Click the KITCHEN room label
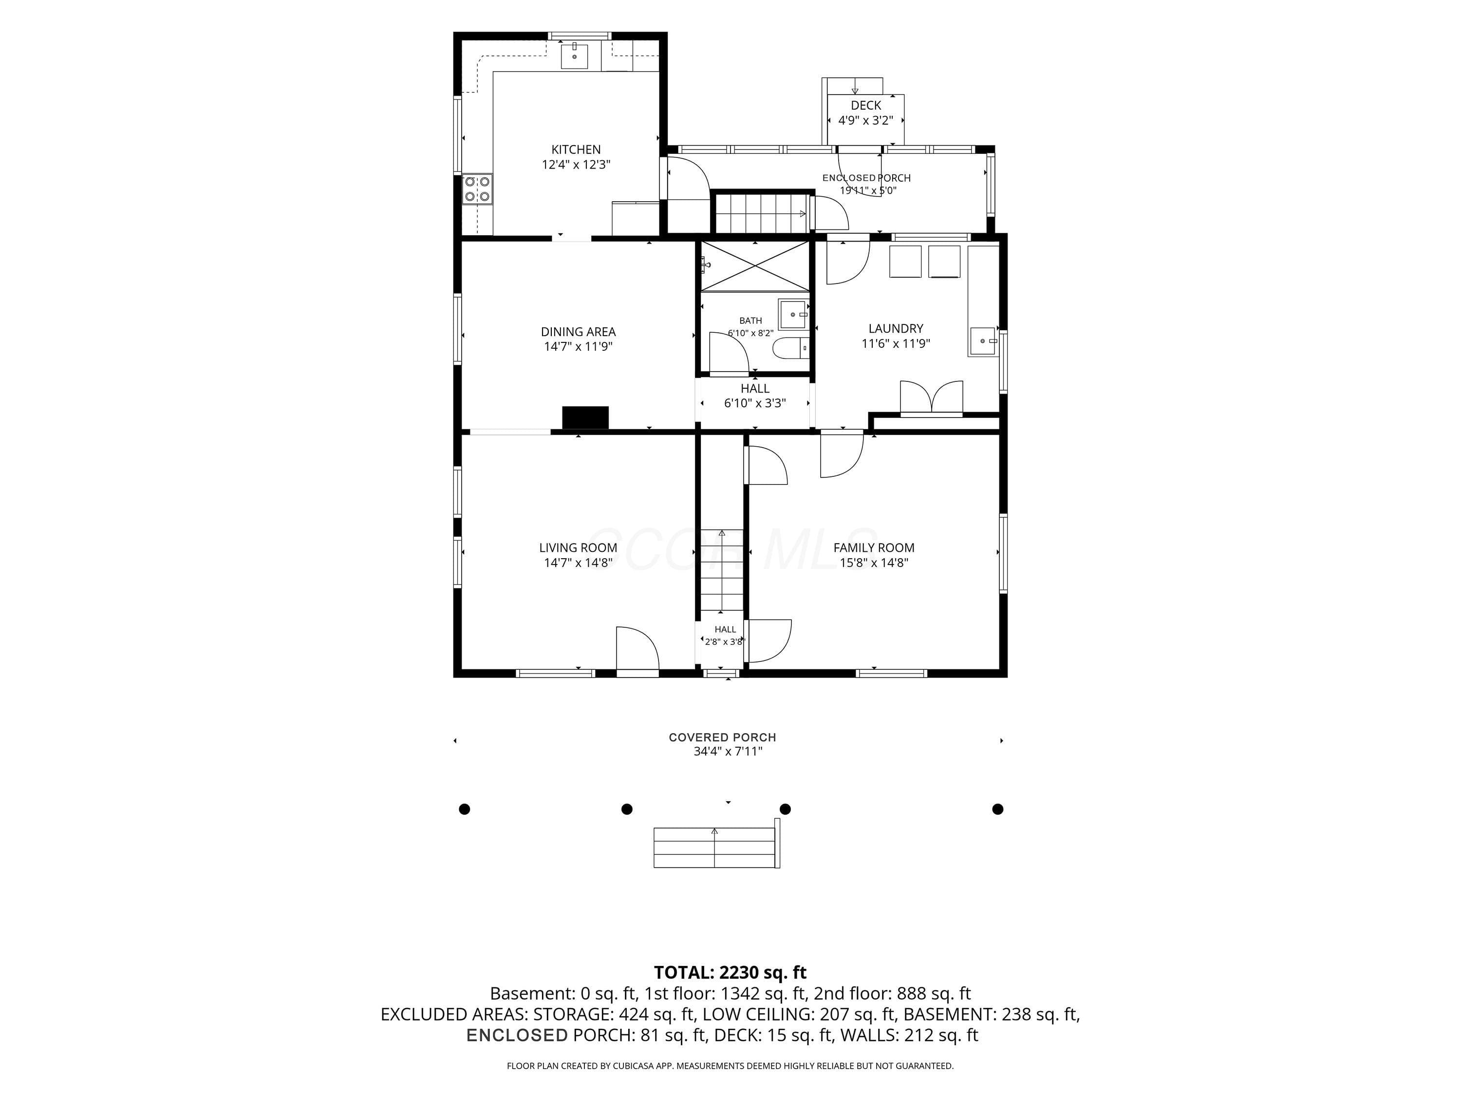point(576,150)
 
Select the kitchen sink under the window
point(575,56)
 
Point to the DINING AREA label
point(578,332)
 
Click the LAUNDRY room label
point(896,328)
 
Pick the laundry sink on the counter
point(983,341)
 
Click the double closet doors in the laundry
point(931,398)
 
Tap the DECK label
point(865,106)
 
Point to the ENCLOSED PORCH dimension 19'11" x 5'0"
point(867,191)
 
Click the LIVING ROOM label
point(578,548)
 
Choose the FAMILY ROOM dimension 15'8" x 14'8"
point(874,563)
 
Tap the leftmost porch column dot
point(464,809)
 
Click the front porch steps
point(716,848)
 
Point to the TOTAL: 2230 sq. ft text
point(730,972)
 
